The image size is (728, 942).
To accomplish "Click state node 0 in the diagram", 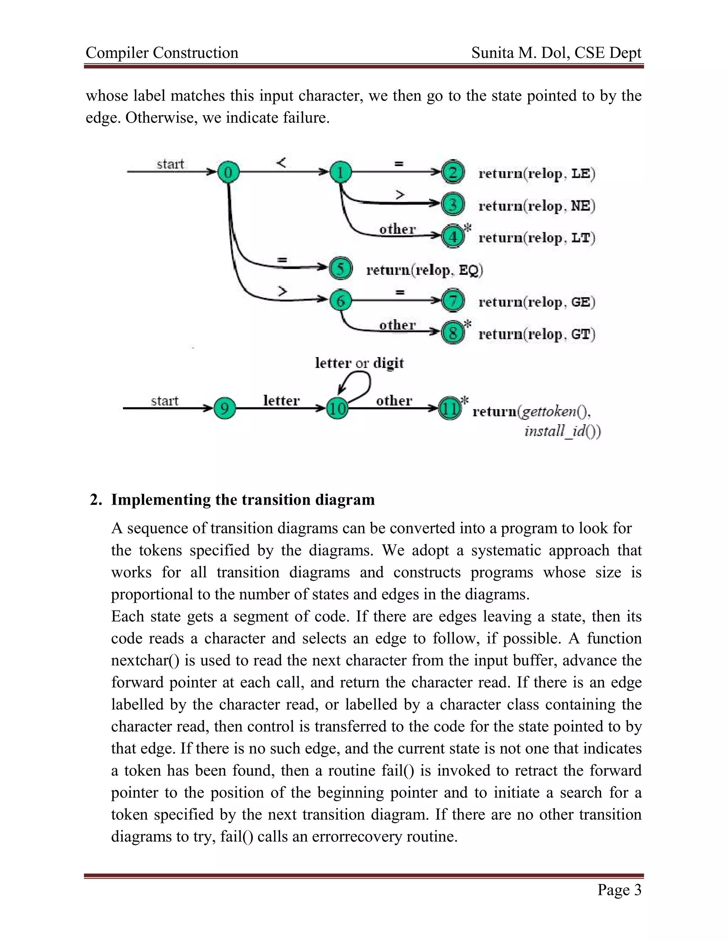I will point(228,172).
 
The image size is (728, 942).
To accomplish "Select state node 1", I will point(340,172).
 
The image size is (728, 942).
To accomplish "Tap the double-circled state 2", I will point(453,172).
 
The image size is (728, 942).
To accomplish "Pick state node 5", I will point(341,268).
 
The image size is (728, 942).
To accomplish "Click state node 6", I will point(340,300).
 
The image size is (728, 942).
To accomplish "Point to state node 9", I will point(225,408).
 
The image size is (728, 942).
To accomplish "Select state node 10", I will point(337,408).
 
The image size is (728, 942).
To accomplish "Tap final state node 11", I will point(449,408).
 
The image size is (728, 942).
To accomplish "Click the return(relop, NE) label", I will point(536,206).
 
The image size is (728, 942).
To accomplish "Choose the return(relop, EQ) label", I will point(424,270).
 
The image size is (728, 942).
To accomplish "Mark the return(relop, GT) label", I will point(536,334).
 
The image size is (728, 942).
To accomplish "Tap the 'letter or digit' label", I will point(359,363).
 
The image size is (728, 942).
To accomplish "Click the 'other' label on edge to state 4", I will point(397,229).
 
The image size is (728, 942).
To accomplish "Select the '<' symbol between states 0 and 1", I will point(281,163).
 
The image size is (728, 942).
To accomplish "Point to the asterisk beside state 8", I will point(467,324).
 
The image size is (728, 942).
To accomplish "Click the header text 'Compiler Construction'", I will point(162,53).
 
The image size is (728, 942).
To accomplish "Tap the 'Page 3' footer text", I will point(619,889).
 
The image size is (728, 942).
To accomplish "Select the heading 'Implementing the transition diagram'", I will point(243,499).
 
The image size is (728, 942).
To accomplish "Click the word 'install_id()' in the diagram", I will point(562,431).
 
